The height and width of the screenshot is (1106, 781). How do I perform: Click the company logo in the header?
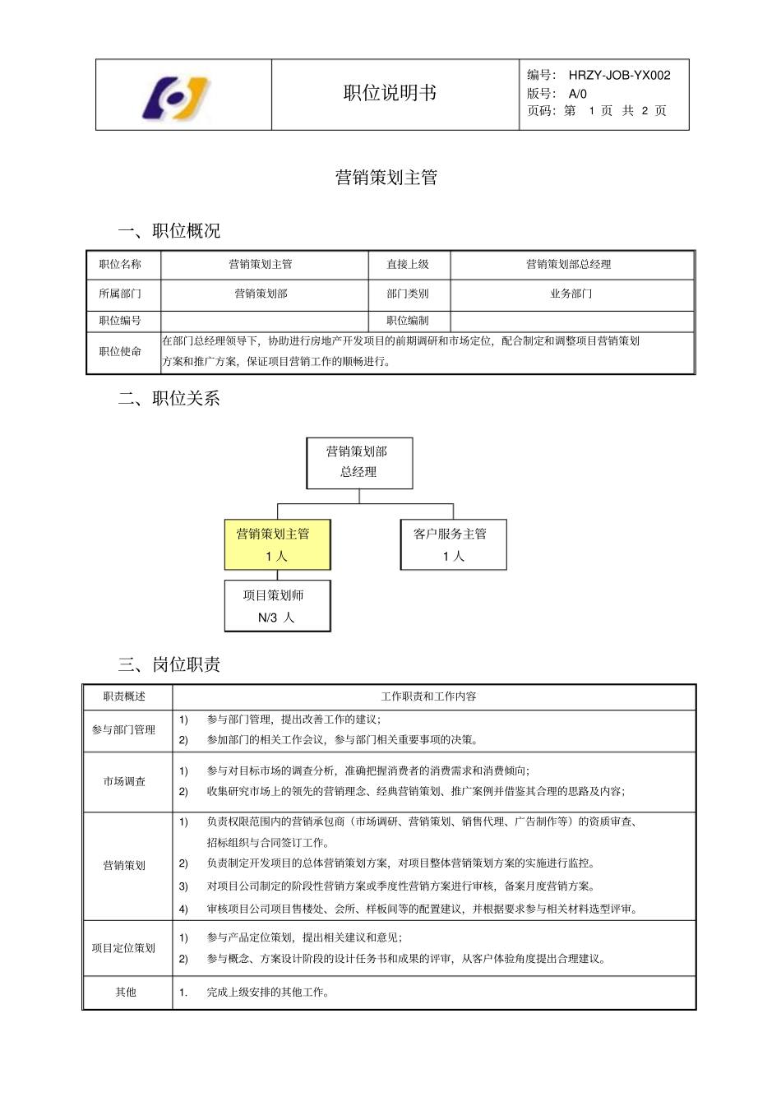click(178, 98)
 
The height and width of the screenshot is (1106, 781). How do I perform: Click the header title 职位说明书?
click(390, 94)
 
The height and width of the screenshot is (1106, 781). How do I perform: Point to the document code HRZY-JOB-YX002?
click(619, 76)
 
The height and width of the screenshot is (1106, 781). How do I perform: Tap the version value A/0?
click(578, 94)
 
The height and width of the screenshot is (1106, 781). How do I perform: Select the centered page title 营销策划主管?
click(386, 178)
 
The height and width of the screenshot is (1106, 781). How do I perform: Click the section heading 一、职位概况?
click(169, 231)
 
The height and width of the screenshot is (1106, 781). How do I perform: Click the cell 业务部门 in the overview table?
click(571, 294)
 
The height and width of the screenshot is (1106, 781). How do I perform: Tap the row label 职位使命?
click(120, 351)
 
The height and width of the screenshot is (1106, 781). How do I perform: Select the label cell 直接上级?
click(408, 265)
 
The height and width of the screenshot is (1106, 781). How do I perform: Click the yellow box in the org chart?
click(277, 544)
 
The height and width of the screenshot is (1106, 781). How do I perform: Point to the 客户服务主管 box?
click(453, 544)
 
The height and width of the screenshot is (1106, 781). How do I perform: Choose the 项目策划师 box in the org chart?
click(277, 606)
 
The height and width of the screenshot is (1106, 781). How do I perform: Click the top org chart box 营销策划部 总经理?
click(359, 462)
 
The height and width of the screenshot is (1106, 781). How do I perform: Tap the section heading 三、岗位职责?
click(169, 664)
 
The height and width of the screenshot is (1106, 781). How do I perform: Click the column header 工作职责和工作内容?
click(428, 696)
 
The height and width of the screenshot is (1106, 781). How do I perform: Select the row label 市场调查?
click(125, 781)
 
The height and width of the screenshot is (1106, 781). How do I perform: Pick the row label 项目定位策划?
click(123, 948)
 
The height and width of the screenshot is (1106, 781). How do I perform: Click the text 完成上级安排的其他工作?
click(268, 993)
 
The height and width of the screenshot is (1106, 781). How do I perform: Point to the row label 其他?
click(126, 993)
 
